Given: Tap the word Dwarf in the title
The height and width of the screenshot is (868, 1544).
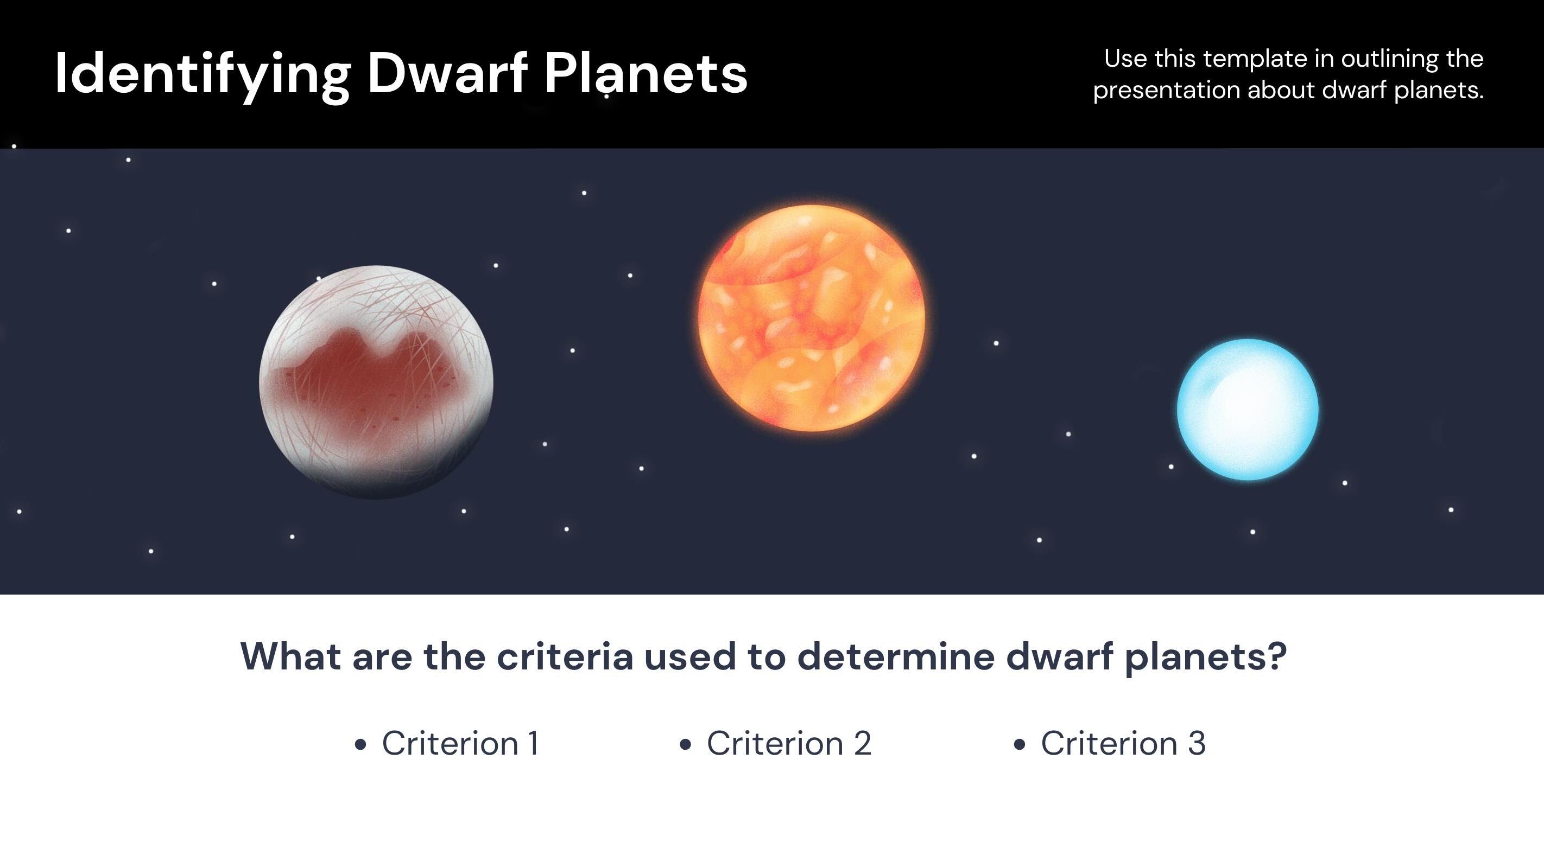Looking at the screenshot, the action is (x=447, y=73).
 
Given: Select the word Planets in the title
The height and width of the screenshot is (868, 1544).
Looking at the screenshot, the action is (x=646, y=73).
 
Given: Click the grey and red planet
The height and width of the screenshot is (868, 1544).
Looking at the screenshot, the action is (x=376, y=382).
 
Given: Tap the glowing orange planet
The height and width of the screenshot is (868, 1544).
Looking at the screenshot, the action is (x=812, y=318).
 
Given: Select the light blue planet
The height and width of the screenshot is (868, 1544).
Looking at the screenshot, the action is (x=1248, y=410).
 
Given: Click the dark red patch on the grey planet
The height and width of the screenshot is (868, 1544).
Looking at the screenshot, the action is (x=365, y=384).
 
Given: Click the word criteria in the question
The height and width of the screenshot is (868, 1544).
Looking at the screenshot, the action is (x=565, y=656).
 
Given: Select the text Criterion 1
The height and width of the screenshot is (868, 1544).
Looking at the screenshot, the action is (x=460, y=743).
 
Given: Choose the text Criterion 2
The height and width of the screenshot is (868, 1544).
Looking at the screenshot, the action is (x=789, y=743).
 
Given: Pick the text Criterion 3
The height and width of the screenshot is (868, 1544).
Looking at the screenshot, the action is (x=1123, y=743).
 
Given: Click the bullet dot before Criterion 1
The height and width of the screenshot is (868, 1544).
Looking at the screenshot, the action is (x=360, y=745).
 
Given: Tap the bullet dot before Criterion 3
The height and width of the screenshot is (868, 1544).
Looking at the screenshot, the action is (x=1019, y=745).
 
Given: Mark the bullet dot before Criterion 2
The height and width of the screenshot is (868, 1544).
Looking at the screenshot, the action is (x=686, y=745).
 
